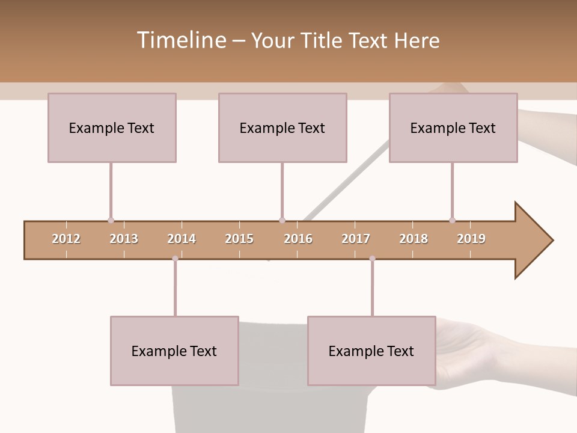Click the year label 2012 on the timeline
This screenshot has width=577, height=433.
[66, 239]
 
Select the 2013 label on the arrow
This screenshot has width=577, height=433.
[124, 239]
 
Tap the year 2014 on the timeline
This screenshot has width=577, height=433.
[182, 239]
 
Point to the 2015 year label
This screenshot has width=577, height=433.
[239, 239]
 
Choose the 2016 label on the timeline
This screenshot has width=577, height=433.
[298, 239]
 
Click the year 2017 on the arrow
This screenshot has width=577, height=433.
[356, 239]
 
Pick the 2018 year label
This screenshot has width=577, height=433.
[414, 239]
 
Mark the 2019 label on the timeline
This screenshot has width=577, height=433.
[471, 239]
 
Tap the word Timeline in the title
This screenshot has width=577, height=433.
[180, 40]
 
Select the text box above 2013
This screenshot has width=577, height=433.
[112, 127]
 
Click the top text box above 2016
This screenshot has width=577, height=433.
[282, 127]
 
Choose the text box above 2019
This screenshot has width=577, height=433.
[453, 127]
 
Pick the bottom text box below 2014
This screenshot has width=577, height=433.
[174, 351]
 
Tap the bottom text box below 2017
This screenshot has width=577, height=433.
[371, 351]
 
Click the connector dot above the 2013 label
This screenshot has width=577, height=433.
[111, 220]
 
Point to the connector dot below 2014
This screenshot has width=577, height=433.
[175, 259]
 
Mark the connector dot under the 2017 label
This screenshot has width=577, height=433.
[372, 259]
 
